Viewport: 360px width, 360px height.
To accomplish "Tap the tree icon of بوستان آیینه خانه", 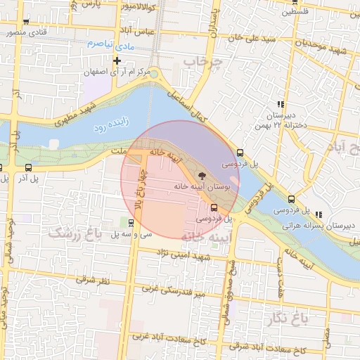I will pyautogui.click(x=203, y=174).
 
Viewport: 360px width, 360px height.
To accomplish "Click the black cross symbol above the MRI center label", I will pyautogui.click(x=127, y=60).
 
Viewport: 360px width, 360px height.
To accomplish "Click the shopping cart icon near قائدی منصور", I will pyautogui.click(x=25, y=22).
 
